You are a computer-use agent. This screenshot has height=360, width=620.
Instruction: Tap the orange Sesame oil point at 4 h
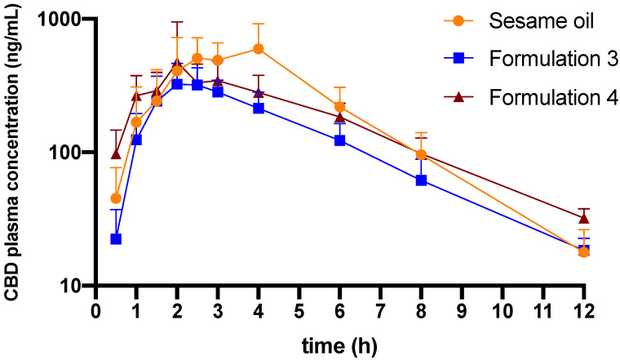coord(259,49)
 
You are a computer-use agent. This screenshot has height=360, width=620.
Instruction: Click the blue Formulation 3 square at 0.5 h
coord(116,239)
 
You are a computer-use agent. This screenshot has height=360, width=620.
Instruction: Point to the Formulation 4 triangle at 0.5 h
coord(116,154)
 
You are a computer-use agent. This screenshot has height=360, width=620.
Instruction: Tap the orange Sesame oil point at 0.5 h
coord(116,198)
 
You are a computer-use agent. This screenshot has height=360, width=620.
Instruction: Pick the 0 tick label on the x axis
coord(95,312)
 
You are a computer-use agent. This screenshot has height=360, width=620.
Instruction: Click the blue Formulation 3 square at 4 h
coord(259,108)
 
